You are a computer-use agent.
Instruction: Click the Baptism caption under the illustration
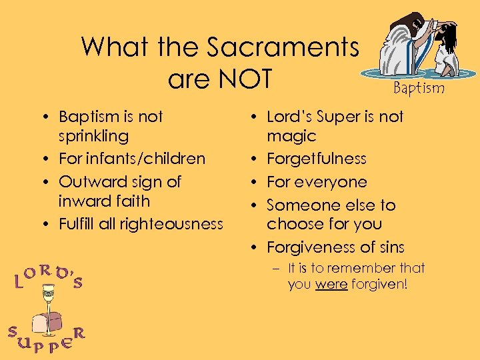point(419,87)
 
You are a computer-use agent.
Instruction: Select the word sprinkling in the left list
point(93,136)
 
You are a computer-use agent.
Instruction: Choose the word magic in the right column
point(291,136)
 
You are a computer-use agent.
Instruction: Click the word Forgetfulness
point(317,159)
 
